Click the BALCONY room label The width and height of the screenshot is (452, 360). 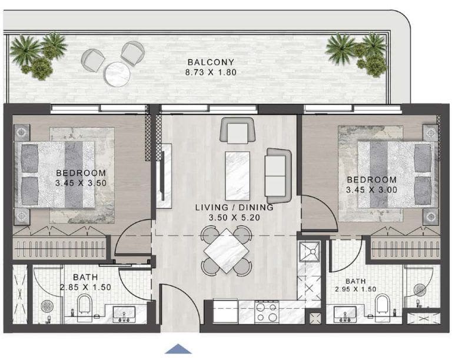click(x=211, y=62)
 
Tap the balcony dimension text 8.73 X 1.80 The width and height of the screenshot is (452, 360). click(x=211, y=72)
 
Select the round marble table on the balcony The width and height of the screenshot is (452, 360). click(x=117, y=74)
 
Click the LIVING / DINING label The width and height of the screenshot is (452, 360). click(x=234, y=208)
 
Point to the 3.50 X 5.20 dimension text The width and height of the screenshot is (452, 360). click(x=234, y=218)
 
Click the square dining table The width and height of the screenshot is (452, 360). click(x=226, y=251)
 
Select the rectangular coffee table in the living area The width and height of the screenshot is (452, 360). click(x=238, y=176)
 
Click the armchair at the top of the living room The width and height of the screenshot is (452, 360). click(x=237, y=130)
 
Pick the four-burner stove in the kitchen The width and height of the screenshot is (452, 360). click(x=267, y=312)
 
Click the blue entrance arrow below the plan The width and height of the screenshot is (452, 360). click(x=178, y=349)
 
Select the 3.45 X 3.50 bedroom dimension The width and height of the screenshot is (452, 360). click(x=81, y=183)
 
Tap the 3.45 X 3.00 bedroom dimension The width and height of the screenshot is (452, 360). click(x=371, y=190)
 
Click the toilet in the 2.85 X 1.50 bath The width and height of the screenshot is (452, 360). click(x=85, y=305)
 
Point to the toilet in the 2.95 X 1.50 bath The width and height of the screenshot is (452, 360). click(x=383, y=305)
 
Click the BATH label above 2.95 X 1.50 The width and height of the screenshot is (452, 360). click(x=355, y=281)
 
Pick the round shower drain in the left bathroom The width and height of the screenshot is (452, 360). click(x=46, y=306)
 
